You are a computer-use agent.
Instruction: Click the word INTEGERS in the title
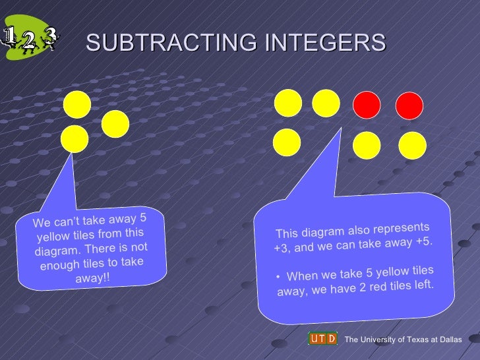(x=325, y=43)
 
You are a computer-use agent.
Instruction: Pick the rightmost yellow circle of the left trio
(x=115, y=123)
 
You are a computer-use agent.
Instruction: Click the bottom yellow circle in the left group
(x=75, y=139)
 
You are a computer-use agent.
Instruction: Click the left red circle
(x=367, y=104)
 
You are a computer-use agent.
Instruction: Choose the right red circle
(x=409, y=105)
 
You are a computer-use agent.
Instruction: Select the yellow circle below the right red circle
(x=413, y=146)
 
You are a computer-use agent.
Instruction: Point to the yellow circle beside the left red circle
(x=326, y=103)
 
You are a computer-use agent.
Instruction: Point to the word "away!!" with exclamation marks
(x=93, y=278)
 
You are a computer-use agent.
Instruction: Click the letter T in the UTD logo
(x=322, y=339)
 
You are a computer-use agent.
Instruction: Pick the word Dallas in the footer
(x=448, y=340)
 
